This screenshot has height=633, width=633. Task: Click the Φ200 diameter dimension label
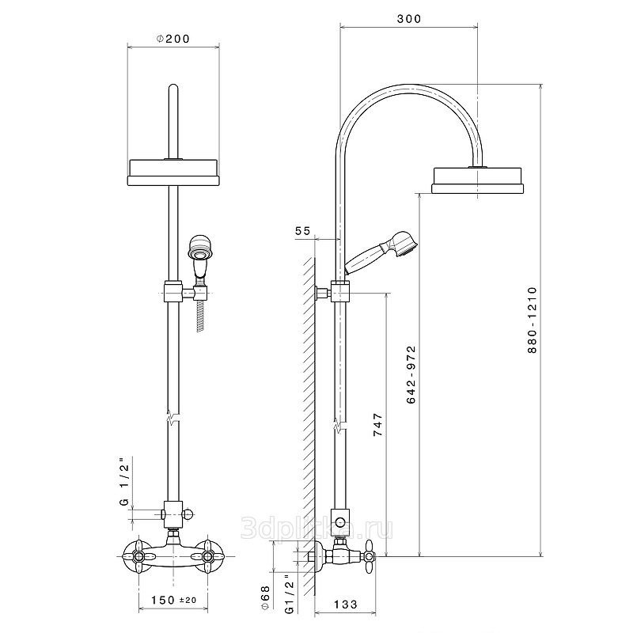tap(172, 39)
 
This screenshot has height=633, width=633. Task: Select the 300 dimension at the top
tap(409, 19)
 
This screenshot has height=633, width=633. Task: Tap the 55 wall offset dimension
tap(303, 230)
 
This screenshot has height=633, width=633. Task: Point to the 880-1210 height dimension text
tap(533, 320)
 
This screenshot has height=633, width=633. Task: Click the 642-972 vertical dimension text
tap(411, 374)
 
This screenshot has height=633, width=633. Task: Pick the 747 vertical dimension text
tap(377, 424)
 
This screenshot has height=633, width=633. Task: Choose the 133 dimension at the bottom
tap(346, 605)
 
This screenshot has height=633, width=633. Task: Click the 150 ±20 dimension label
tap(173, 601)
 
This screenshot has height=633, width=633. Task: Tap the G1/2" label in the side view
tap(290, 594)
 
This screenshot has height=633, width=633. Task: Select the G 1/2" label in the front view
tap(124, 482)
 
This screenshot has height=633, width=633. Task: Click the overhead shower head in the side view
tap(478, 180)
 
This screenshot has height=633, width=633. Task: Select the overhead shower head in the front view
tap(173, 172)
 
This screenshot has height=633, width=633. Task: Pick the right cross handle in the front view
tap(207, 557)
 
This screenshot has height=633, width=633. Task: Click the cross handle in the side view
tap(370, 557)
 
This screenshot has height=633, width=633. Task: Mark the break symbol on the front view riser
tap(173, 417)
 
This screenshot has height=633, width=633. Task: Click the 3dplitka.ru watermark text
tap(317, 528)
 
